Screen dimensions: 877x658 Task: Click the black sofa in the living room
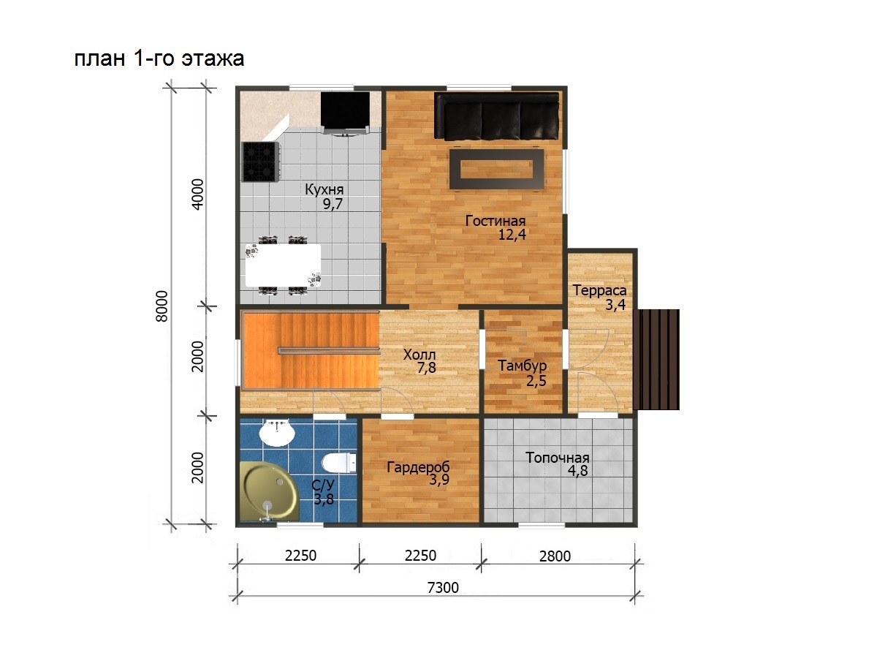coord(496,117)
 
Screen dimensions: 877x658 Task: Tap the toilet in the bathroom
coord(339,462)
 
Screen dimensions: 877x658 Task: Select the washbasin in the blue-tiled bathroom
coord(277,433)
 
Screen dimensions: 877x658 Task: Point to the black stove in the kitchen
coord(260,162)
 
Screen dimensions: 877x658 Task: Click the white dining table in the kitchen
coord(283,265)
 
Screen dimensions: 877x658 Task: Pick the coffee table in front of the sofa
coord(497,169)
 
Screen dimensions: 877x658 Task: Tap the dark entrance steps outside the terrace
coord(657,359)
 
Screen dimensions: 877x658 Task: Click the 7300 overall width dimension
coord(443,588)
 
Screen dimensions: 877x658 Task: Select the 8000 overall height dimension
coord(162,306)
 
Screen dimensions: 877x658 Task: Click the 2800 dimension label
coord(555,556)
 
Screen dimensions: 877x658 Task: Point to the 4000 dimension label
coord(197,194)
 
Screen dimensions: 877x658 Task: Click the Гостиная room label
coord(495,221)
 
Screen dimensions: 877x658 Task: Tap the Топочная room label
coord(558,458)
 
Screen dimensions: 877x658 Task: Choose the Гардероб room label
coord(418,466)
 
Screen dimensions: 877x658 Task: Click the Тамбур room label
coord(522,366)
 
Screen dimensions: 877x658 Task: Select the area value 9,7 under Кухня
coord(333,204)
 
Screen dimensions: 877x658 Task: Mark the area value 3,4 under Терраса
coord(615,305)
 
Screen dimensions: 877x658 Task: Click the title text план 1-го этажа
coord(159,58)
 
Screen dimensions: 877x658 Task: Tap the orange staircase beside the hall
coord(311,350)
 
